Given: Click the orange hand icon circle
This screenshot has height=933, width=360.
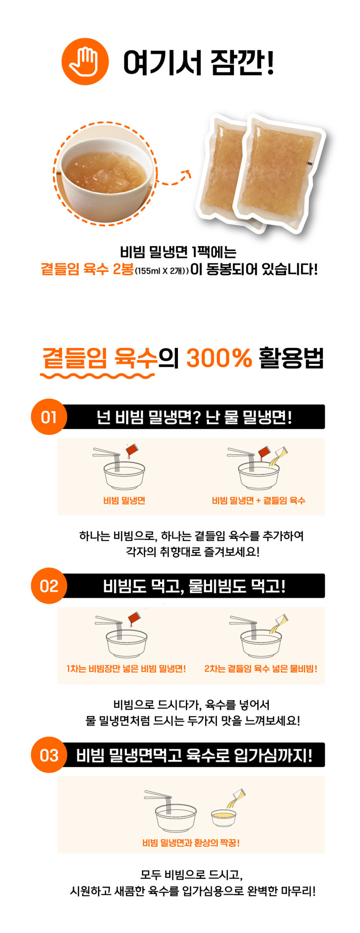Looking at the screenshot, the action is point(85,62).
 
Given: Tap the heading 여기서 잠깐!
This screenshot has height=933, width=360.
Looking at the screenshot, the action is point(198,62).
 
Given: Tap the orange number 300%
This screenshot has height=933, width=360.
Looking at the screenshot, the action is point(219,358).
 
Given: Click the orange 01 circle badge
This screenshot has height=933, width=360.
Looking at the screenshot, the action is point(49,417).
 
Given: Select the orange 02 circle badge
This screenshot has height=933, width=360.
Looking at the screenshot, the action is point(49,585).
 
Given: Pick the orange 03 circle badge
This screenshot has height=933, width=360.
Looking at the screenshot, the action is point(49,755).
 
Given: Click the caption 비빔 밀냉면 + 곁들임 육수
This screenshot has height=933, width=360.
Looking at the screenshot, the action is point(259,500).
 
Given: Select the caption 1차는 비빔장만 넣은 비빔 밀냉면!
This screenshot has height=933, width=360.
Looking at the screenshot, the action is point(126,669).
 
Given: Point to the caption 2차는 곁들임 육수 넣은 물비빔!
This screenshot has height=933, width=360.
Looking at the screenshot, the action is point(261,669).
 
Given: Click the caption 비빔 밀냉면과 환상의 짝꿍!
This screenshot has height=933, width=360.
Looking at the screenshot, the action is point(191,843).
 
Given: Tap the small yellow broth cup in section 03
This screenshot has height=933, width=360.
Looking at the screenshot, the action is point(224,818).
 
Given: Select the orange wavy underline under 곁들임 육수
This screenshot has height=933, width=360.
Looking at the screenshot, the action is point(98,376).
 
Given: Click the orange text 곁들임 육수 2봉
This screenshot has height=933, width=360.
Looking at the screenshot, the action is point(87,269).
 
